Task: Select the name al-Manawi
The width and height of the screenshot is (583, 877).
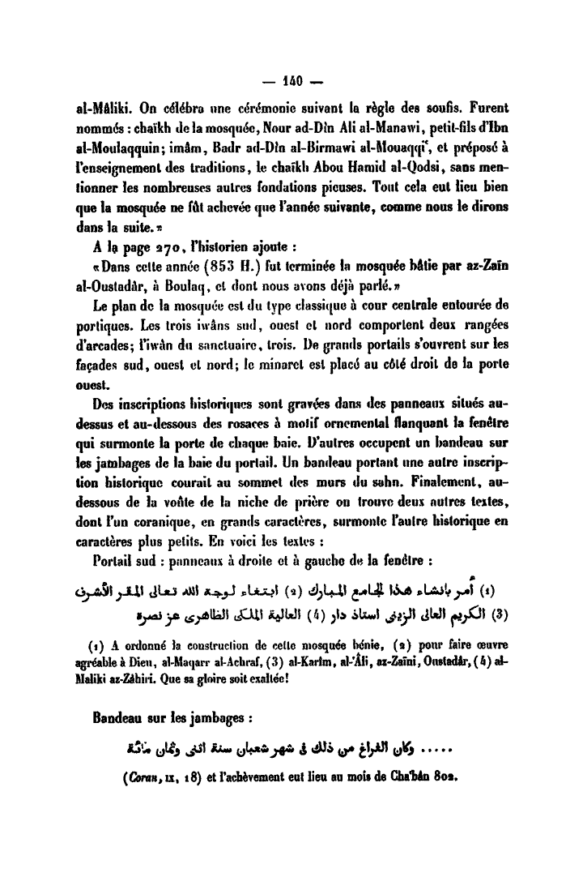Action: pos(356,127)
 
